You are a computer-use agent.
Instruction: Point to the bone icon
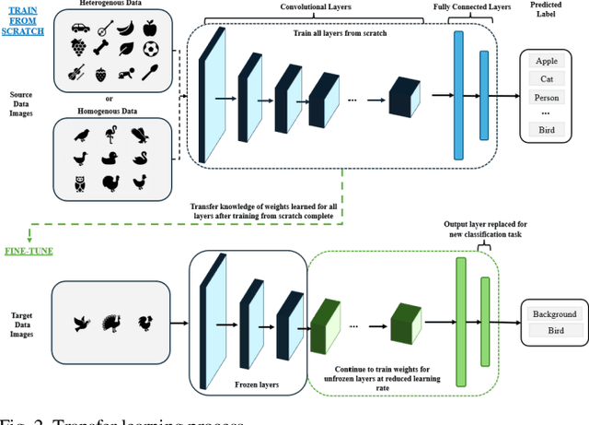(101, 49)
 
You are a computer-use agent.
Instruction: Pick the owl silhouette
(80, 183)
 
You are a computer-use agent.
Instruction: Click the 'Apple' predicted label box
(546, 61)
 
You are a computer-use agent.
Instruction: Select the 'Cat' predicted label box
(546, 78)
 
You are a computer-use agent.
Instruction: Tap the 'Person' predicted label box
(546, 97)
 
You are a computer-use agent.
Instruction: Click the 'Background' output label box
(554, 313)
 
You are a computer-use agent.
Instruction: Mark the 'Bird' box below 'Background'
(554, 330)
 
